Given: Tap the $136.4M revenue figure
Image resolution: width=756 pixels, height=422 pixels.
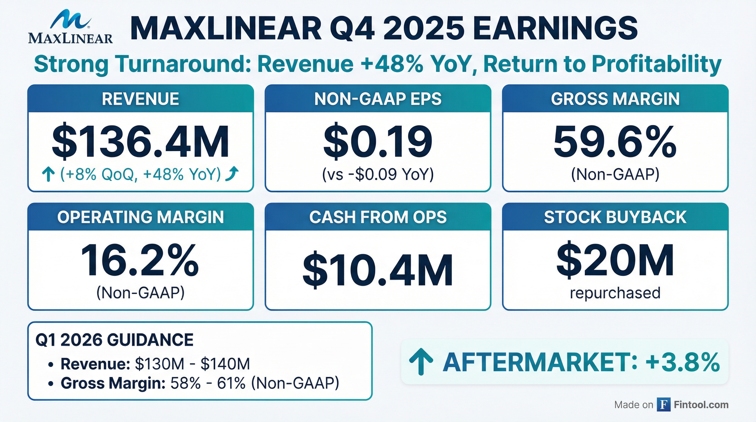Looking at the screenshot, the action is [140, 142].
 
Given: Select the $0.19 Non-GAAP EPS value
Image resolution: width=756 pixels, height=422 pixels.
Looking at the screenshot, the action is [378, 142].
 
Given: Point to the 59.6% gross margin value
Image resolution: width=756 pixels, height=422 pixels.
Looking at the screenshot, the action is [615, 142].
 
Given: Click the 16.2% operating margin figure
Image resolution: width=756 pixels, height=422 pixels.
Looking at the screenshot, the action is [140, 260].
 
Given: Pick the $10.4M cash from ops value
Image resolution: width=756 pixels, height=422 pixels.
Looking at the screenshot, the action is [378, 270].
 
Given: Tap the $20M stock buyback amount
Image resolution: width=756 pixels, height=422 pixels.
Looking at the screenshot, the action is [615, 260].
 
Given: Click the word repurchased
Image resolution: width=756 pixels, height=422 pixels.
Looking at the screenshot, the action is [615, 293].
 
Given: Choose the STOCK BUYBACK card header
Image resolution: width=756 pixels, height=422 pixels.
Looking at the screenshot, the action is [615, 217].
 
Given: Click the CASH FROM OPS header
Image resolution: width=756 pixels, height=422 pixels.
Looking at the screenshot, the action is [378, 217].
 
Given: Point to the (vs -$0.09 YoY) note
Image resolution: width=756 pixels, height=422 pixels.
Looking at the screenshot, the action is [378, 174].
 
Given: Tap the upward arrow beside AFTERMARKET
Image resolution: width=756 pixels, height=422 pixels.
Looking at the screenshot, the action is [421, 362].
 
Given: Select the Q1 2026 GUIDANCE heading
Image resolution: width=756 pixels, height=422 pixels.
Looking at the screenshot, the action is [115, 340].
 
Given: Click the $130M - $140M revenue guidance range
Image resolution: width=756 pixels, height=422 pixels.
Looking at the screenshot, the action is [193, 364].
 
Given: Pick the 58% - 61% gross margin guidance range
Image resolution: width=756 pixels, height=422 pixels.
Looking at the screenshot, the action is [208, 383].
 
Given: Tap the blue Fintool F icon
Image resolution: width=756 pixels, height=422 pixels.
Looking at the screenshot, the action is [663, 405].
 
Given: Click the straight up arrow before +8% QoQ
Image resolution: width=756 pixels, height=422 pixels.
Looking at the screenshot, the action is [48, 174].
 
